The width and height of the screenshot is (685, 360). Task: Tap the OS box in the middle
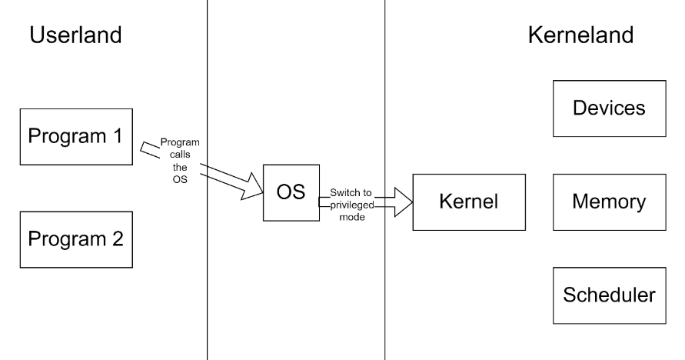pos(291,192)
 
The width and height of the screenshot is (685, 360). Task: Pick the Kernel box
pos(468,202)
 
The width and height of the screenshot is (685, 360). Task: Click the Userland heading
pos(75,35)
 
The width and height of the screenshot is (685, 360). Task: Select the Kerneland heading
pos(580,35)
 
